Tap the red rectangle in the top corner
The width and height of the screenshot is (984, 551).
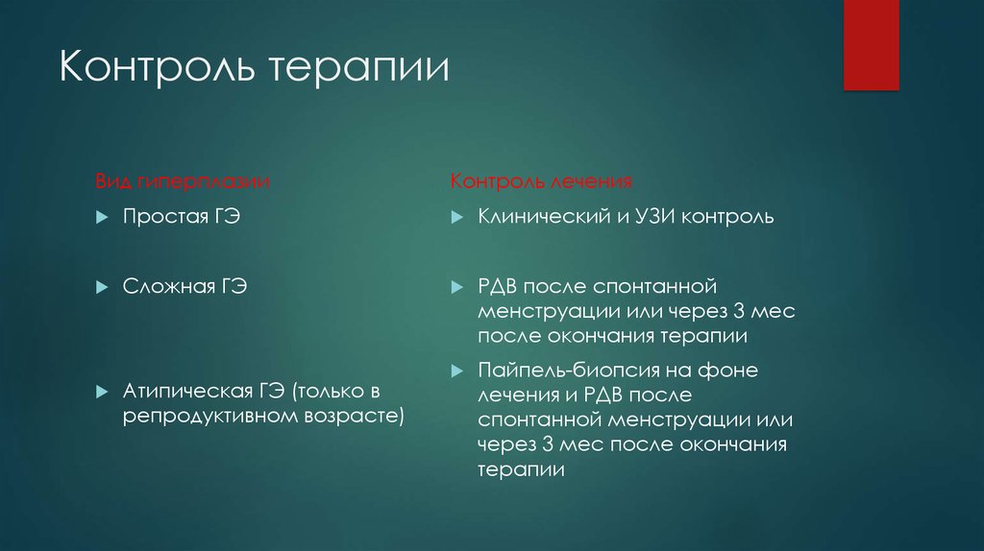point(871,44)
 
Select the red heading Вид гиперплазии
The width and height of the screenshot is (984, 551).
point(182,181)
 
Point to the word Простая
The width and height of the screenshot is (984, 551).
point(159,218)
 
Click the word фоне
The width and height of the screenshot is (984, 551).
point(735,370)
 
